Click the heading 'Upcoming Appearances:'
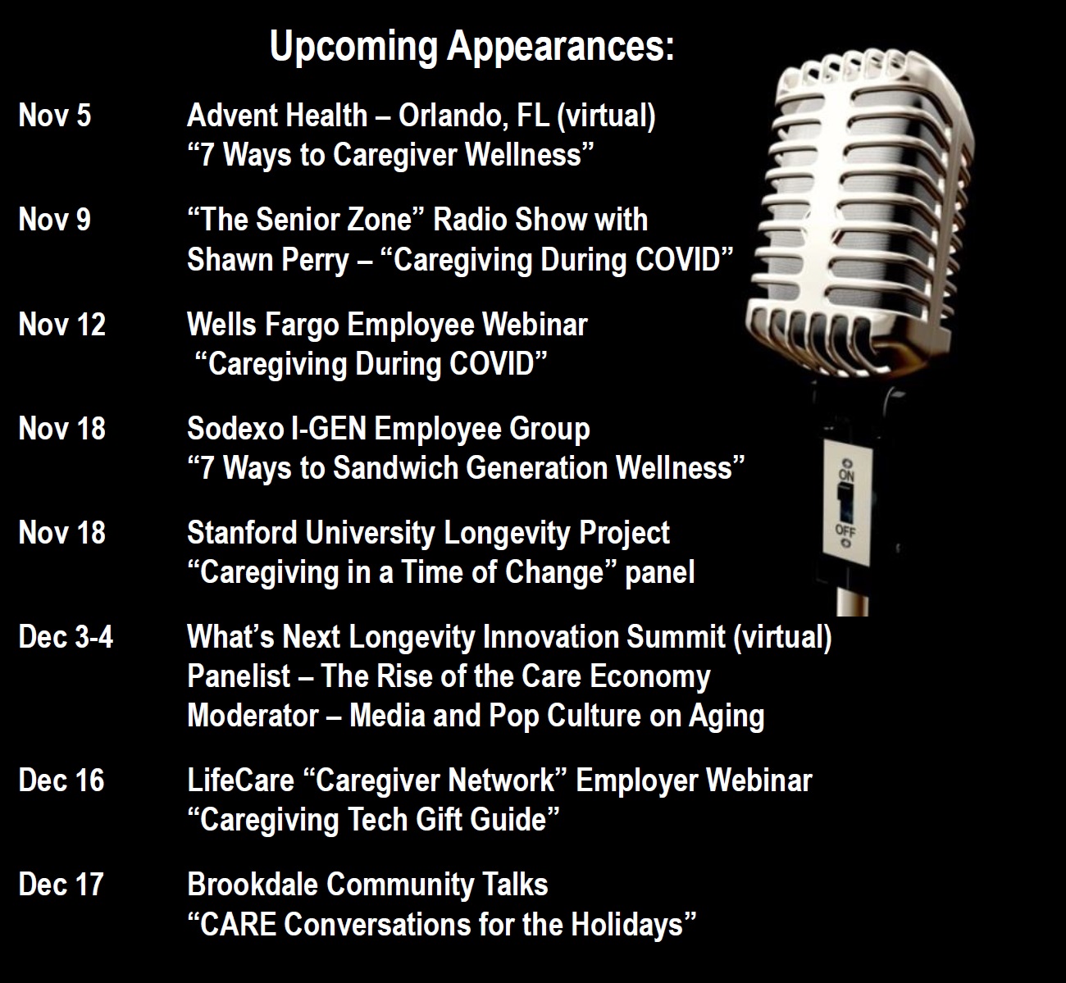tap(471, 48)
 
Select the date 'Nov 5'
tap(55, 116)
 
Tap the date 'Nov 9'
tap(55, 220)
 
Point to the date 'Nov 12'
tap(61, 325)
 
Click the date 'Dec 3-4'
tap(66, 637)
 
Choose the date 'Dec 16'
tap(61, 780)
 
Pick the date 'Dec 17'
tap(61, 885)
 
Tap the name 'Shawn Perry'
tap(268, 261)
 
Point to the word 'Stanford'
tap(242, 533)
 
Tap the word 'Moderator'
tap(253, 716)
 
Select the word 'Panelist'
tap(239, 676)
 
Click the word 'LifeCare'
tap(240, 780)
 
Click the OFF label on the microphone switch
tap(845, 531)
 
